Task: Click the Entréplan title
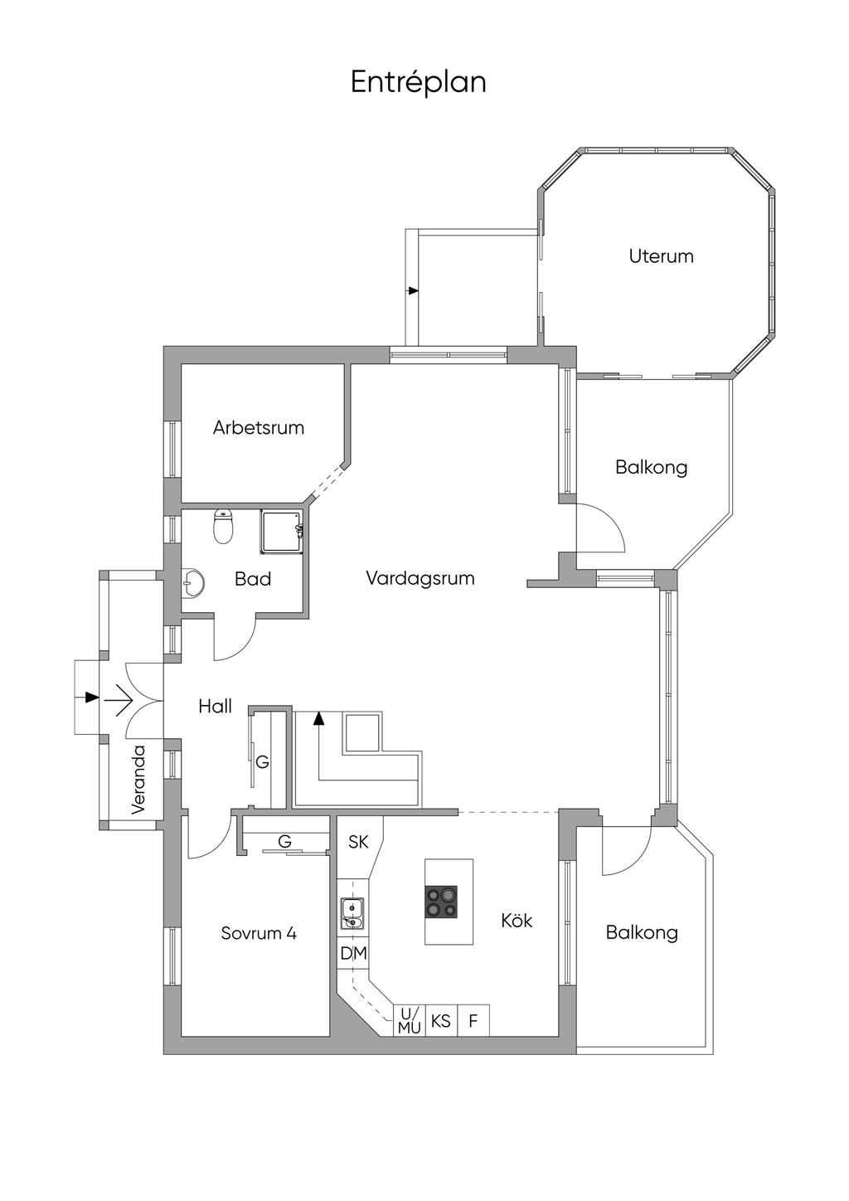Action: coord(419,83)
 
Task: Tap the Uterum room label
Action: coord(661,255)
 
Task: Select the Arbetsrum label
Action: coord(259,427)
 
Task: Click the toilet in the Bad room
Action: coord(223,527)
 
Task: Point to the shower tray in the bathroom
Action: coord(281,532)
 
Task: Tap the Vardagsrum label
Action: coord(420,578)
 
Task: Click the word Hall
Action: coord(215,706)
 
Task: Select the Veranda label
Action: coord(138,780)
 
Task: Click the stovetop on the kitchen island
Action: coord(442,902)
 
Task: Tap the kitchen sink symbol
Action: coord(351,912)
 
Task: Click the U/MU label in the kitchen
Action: coord(410,1020)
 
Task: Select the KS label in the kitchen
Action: coord(440,1020)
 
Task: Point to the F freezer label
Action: coord(473,1021)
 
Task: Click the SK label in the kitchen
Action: coord(358,842)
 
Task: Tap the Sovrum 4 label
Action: coord(259,933)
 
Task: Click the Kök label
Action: coord(517,920)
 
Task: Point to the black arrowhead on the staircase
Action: coord(319,718)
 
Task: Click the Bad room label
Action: coord(253,578)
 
